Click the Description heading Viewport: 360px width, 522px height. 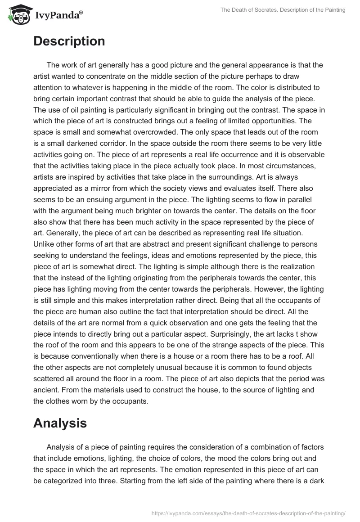point(69,41)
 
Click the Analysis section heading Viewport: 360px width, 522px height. point(60,423)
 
